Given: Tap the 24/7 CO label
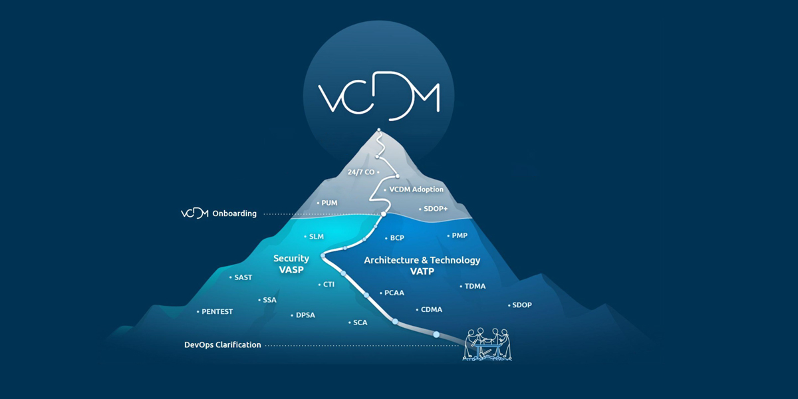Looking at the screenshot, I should [361, 172].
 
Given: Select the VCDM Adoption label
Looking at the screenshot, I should [416, 190].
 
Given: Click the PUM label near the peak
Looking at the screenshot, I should [329, 203].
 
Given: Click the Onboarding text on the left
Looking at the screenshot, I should [234, 213].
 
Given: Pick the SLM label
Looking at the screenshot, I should [317, 237].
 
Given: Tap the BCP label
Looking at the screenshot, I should [397, 238].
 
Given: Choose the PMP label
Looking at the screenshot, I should [460, 236].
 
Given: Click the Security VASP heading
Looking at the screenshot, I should [291, 264].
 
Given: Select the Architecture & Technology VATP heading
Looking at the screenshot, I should [422, 265].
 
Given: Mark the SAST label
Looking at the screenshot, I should [243, 277].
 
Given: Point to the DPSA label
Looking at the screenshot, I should [305, 315].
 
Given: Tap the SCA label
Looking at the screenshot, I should [360, 323].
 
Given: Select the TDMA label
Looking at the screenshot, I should [475, 287].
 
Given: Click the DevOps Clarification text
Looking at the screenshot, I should [222, 345].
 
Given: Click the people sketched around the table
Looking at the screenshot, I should [489, 343].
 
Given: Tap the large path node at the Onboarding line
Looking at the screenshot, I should [384, 214].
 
